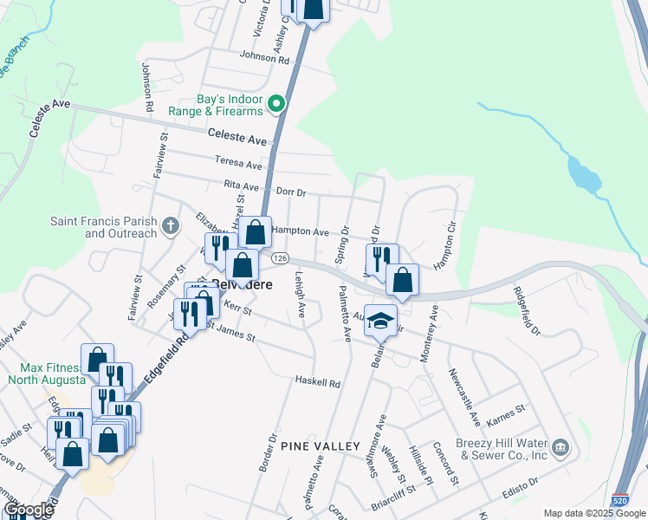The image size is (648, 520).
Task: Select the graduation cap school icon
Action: point(379,321)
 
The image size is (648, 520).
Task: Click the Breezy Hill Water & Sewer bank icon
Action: point(561,447)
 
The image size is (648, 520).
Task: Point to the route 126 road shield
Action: point(279,258)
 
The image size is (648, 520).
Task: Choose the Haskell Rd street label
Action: point(317,382)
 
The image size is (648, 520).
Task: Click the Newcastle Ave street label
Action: point(463,397)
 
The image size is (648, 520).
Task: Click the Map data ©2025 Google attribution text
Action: point(593,513)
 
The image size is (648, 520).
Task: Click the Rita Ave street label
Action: point(242,185)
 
